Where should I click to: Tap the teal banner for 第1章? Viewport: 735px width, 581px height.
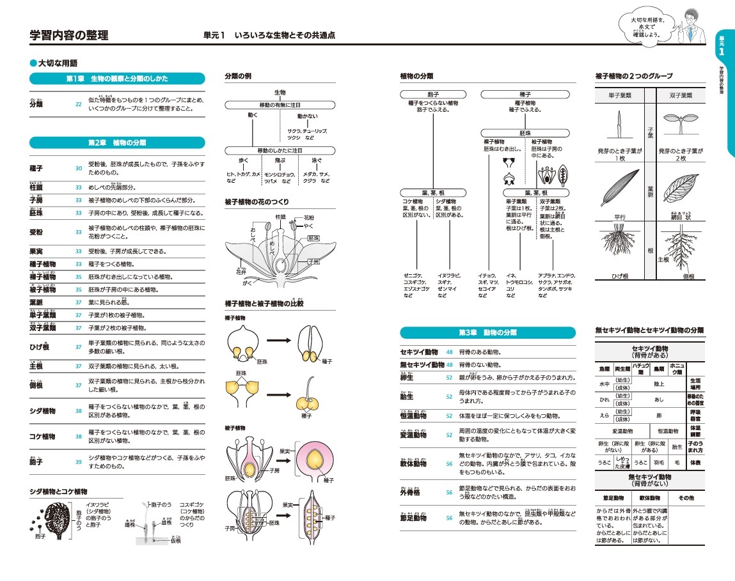click(117, 79)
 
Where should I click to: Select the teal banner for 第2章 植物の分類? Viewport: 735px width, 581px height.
click(117, 142)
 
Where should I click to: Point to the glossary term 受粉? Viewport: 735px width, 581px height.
click(37, 232)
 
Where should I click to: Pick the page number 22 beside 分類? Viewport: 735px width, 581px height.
click(79, 104)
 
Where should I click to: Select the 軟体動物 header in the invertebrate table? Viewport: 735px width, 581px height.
click(649, 497)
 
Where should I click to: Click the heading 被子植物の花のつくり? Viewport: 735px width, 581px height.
click(257, 202)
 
